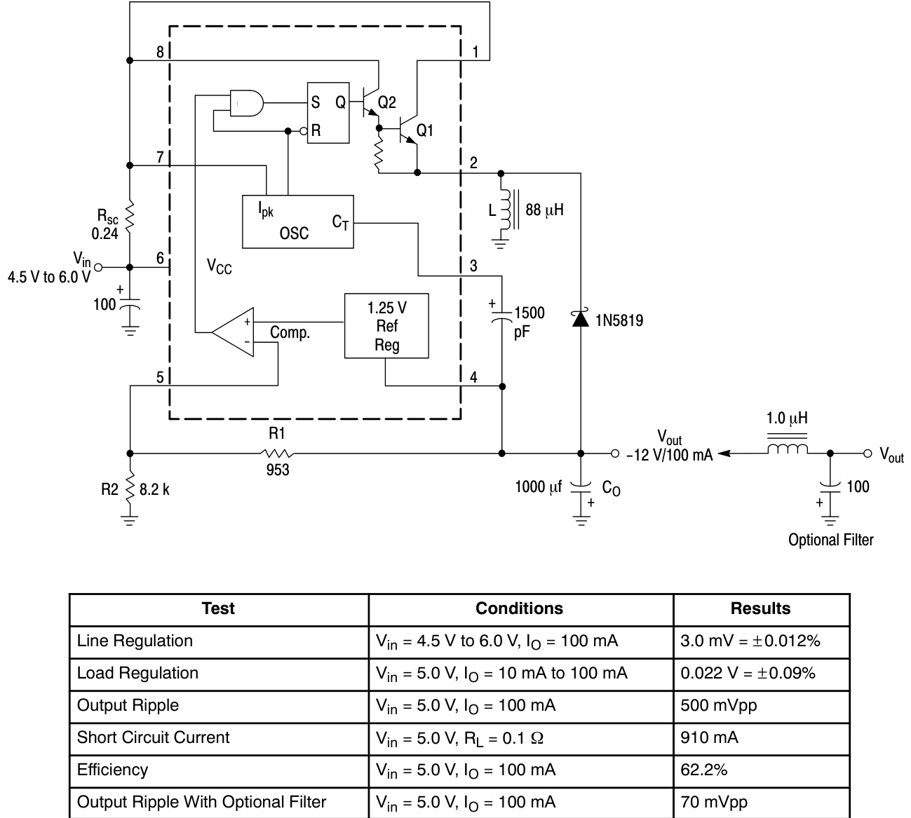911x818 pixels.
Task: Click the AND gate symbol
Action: tap(246, 103)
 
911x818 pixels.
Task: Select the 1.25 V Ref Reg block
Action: tap(386, 326)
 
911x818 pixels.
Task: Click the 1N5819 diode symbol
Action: tap(580, 319)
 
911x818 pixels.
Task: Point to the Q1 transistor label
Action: tap(425, 130)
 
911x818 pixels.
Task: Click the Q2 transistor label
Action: tap(386, 103)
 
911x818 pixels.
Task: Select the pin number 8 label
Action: tap(160, 52)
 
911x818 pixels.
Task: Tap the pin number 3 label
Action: tap(473, 266)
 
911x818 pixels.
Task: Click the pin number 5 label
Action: tap(160, 378)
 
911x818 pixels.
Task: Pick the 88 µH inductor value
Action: tap(544, 210)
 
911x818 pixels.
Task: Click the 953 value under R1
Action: tap(278, 470)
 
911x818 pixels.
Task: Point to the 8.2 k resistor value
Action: tap(154, 489)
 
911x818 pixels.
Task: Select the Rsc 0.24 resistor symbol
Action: tap(129, 217)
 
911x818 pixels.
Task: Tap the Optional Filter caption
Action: tap(830, 540)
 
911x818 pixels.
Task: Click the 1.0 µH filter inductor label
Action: tap(787, 418)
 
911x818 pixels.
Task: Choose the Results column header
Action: tap(760, 608)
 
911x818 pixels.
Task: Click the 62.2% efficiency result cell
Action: tap(704, 770)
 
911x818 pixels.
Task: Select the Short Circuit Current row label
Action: tap(154, 737)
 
